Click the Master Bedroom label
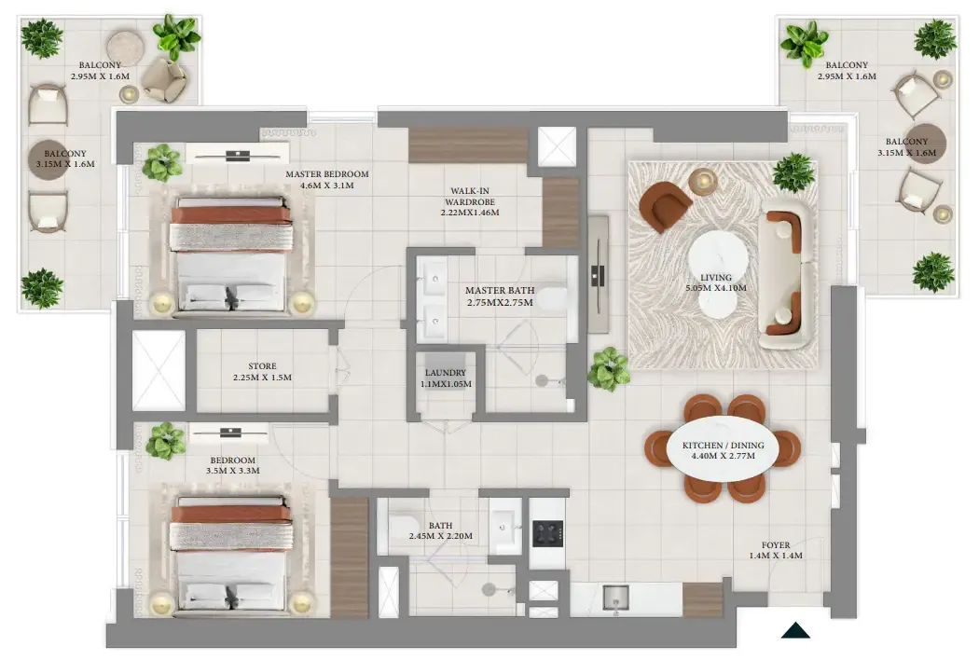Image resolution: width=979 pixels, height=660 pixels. pos(326,180)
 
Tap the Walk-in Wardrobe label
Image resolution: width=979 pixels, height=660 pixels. pos(470,201)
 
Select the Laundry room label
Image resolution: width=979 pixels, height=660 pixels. pos(446,378)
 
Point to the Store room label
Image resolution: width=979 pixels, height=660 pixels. pos(262,372)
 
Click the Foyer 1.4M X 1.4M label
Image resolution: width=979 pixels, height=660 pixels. pos(776,550)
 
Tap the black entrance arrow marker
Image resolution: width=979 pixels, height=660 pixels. pos(795,631)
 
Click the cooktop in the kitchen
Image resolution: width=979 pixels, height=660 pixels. pos(547,533)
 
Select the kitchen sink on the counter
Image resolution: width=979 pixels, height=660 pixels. pos(616,597)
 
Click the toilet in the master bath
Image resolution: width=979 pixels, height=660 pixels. pos(551,298)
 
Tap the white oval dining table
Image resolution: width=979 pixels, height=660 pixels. pos(723,449)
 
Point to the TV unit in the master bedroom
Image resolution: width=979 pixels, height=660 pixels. pos(237,154)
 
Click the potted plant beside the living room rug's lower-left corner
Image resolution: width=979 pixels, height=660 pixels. pos(608,368)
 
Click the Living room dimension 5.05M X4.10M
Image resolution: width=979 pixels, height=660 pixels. pos(715,288)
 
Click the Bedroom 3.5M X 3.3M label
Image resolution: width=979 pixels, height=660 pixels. pos(233,465)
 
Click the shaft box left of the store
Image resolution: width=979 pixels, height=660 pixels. pos(159,370)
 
